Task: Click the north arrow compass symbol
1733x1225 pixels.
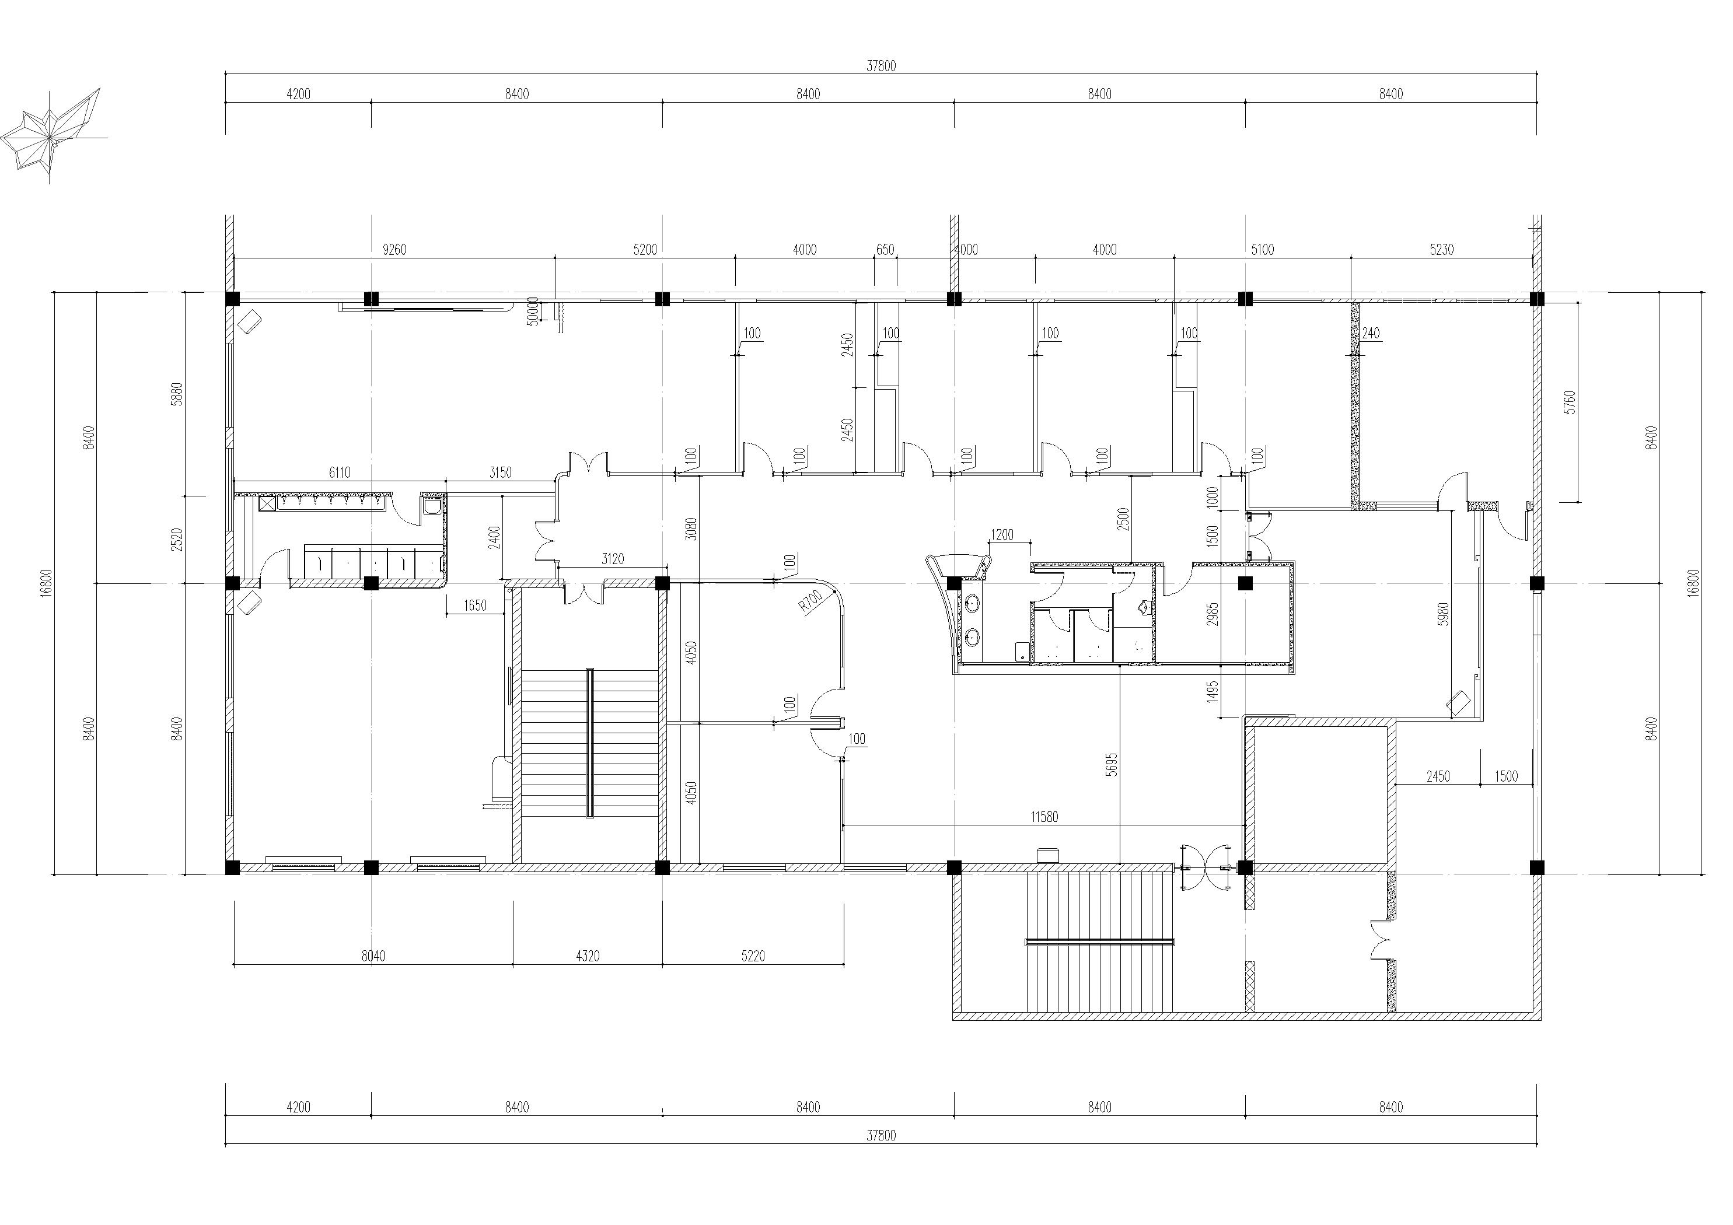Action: tap(51, 136)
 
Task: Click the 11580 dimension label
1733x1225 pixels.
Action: tap(1044, 817)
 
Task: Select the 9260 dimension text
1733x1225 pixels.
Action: tap(394, 250)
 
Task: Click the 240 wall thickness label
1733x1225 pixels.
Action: tap(1371, 333)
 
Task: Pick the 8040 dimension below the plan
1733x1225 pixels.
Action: tap(373, 956)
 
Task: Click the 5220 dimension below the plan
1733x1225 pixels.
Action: tap(753, 956)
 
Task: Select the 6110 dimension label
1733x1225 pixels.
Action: tap(340, 473)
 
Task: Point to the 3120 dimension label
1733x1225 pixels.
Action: tap(613, 558)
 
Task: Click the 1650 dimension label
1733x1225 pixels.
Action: tap(475, 605)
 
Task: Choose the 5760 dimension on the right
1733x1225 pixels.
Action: tap(1570, 401)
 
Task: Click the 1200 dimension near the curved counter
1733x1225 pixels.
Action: tap(1002, 535)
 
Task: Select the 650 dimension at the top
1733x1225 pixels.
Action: tap(885, 250)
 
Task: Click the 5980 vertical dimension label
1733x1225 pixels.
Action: tap(1443, 614)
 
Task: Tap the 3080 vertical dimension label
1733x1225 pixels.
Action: tap(691, 528)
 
